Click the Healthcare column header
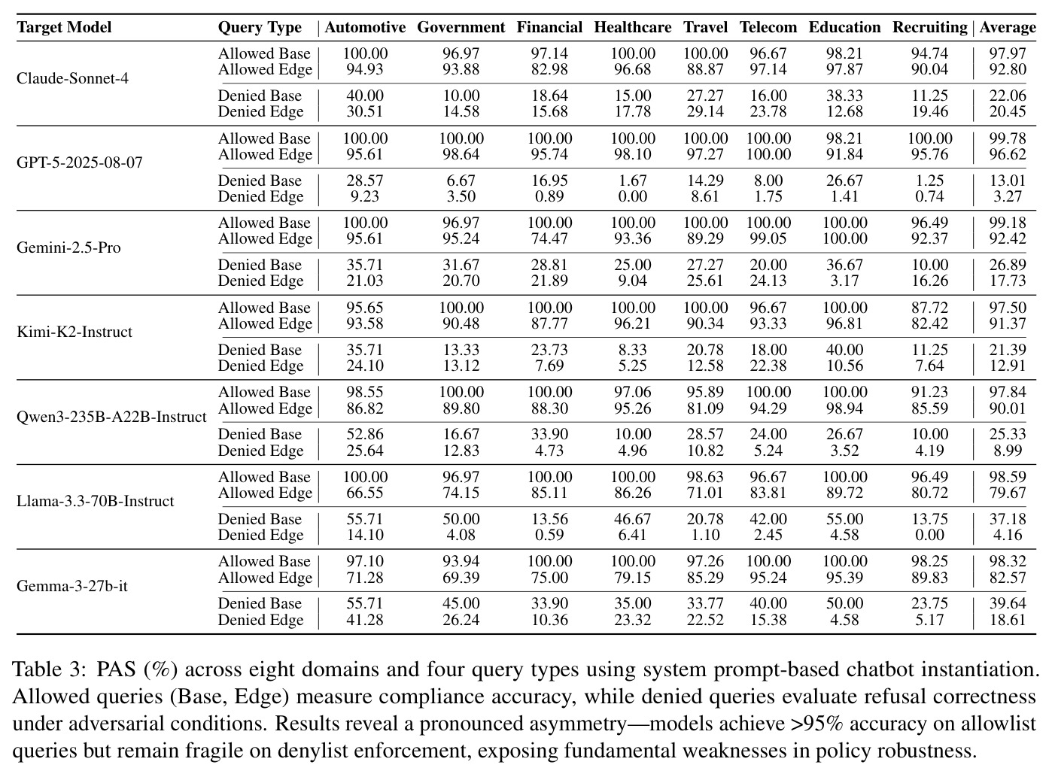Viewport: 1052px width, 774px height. tap(632, 27)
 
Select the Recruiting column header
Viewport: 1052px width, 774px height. tap(929, 27)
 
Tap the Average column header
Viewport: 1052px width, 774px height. tap(1008, 27)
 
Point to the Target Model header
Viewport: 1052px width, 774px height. tap(64, 27)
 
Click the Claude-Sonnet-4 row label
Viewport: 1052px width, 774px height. tap(72, 78)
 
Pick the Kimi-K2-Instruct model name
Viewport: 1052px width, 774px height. tap(74, 332)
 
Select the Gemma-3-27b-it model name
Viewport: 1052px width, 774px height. tap(71, 586)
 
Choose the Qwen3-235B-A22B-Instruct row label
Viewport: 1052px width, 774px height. tap(111, 417)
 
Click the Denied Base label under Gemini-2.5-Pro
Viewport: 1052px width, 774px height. tap(260, 265)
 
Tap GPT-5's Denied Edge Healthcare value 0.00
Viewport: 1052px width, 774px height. tap(632, 196)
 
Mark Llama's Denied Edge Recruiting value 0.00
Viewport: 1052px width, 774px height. tap(929, 535)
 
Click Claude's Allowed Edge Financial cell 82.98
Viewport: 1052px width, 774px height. tap(549, 69)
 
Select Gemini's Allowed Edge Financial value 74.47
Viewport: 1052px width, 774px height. tap(549, 238)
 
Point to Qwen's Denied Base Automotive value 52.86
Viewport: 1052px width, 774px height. tap(365, 434)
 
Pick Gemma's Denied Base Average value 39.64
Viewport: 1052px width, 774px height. tap(1008, 603)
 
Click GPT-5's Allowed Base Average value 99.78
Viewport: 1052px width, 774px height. tap(1008, 138)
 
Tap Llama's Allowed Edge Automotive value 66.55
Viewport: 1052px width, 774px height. tap(365, 493)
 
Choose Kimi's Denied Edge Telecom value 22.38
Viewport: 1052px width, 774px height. tap(768, 366)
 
